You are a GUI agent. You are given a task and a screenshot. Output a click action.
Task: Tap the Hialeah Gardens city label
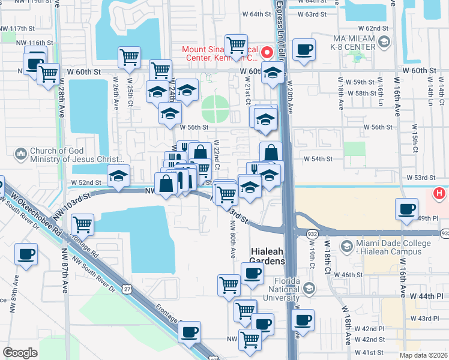point(267,256)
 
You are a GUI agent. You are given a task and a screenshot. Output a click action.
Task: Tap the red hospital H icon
point(439,193)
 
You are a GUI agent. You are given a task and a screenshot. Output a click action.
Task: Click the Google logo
point(20,353)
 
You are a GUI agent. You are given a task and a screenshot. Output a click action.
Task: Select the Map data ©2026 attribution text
point(424,355)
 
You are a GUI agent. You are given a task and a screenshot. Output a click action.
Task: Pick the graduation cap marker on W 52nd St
point(118,175)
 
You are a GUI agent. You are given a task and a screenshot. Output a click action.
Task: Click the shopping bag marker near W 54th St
point(271,152)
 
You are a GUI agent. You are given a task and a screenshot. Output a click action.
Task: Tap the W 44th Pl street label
point(426,296)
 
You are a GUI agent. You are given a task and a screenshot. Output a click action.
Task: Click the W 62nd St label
point(374,28)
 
